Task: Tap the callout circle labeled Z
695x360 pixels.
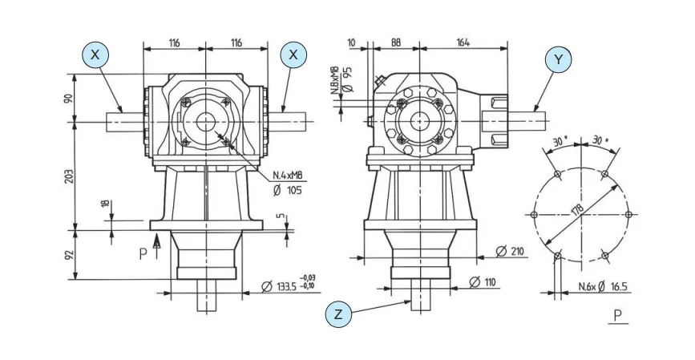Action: point(338,315)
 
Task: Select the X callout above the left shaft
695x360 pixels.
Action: point(95,55)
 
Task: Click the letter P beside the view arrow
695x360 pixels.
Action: point(143,253)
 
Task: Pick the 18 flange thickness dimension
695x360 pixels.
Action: point(103,205)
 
